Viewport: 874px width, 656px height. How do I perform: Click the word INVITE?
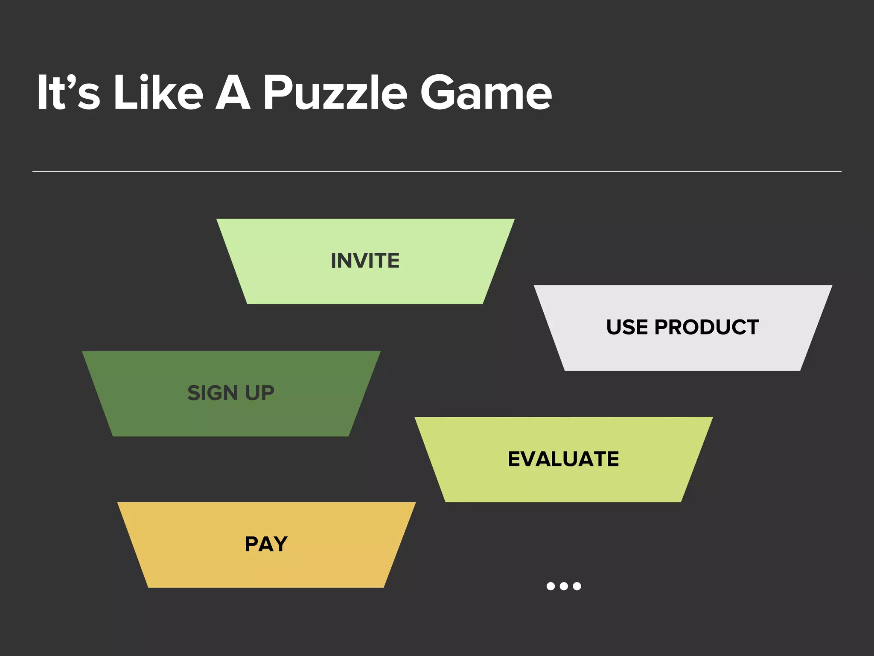click(365, 261)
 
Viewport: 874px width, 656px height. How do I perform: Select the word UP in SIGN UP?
click(259, 393)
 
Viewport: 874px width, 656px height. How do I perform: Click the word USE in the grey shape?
click(627, 327)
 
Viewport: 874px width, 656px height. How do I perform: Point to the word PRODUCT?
click(707, 327)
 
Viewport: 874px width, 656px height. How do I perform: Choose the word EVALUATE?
click(563, 459)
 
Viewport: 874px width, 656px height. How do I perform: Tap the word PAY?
click(266, 544)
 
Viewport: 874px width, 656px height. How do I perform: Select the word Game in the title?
click(486, 93)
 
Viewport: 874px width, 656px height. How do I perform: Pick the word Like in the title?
click(158, 93)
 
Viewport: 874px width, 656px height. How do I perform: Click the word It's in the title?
click(68, 93)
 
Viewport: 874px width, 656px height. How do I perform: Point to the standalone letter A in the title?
click(233, 93)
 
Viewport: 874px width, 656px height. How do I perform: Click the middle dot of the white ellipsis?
click(564, 586)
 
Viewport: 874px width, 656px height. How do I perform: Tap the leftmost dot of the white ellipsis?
click(551, 586)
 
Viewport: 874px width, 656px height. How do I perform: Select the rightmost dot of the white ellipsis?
click(577, 586)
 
